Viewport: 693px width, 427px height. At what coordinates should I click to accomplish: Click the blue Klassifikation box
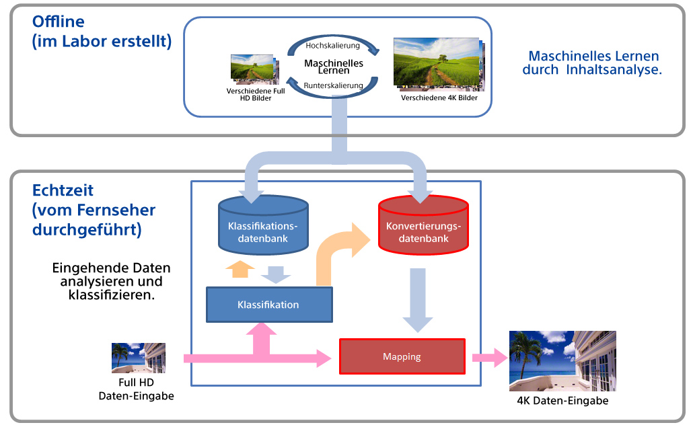coord(268,305)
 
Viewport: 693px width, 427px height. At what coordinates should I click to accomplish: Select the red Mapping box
coord(402,356)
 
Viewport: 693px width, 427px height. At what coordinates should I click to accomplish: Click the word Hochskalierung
coord(333,46)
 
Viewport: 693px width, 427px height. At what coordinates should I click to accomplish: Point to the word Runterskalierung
coord(333,85)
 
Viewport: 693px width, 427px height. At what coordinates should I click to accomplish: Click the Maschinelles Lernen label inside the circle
coord(334,66)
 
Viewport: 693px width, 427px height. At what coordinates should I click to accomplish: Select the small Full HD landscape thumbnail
coord(253,69)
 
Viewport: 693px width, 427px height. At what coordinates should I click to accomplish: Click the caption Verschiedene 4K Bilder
coord(439,98)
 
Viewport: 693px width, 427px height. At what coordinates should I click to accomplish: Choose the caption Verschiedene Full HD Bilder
coord(256,95)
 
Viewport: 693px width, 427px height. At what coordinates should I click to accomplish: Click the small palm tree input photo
coord(138,358)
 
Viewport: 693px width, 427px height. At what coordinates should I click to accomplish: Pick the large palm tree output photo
coord(562,360)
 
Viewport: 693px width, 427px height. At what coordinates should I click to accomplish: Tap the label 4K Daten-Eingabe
coord(562,401)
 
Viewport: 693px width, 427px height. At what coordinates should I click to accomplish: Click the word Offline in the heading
coord(59,22)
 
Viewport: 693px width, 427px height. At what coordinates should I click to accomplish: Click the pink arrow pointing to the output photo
coord(489,358)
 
